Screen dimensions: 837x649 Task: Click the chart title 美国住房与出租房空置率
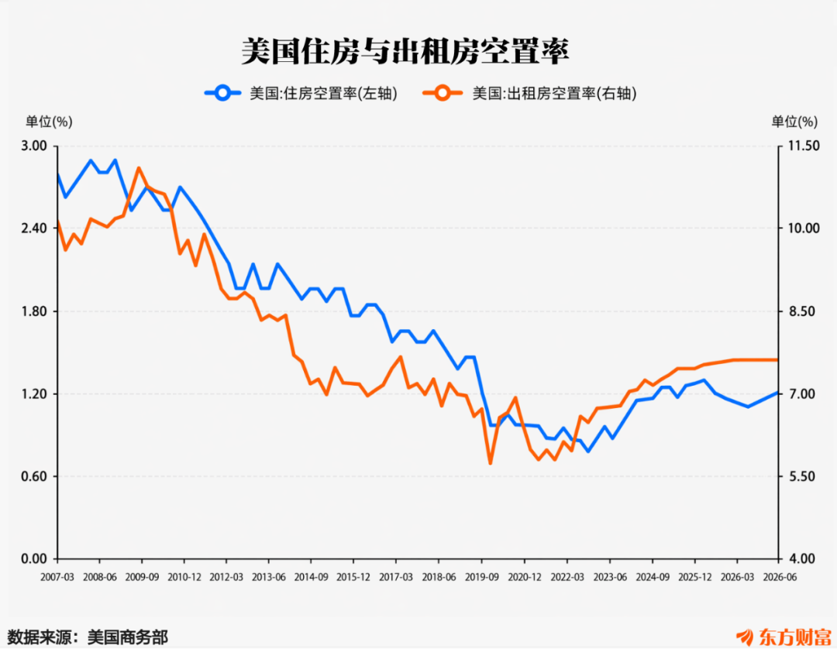(405, 52)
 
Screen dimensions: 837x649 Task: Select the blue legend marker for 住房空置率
(222, 94)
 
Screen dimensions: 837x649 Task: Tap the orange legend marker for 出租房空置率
(442, 94)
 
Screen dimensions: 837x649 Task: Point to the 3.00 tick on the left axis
(34, 146)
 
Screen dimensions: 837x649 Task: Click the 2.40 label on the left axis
(34, 228)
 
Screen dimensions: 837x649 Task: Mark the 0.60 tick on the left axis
(34, 476)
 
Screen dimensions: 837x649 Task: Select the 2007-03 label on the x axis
(57, 578)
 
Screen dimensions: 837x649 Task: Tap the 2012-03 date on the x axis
(226, 578)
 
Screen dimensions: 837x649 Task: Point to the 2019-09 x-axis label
(481, 578)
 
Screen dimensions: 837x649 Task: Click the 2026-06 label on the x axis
(780, 578)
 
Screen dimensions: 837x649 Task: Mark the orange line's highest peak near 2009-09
(139, 169)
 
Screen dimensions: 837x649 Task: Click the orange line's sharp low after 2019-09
(490, 462)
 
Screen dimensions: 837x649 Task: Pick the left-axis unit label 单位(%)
(49, 122)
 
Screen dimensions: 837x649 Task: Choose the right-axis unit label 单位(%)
(794, 122)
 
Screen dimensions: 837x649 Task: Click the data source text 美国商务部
(128, 637)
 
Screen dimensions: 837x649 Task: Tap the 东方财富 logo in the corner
(784, 637)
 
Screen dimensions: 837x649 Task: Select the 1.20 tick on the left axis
(34, 394)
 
